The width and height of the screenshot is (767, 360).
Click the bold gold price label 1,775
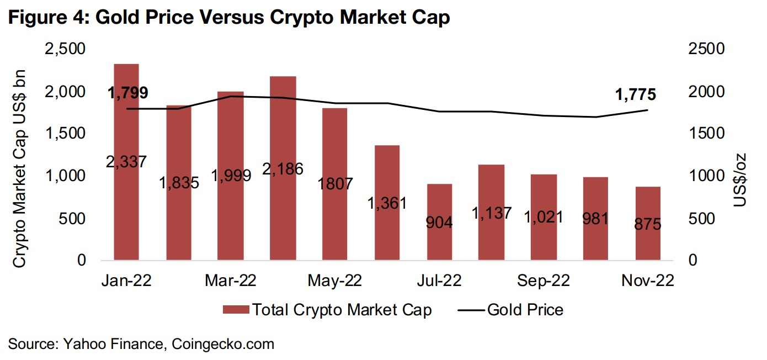pos(636,95)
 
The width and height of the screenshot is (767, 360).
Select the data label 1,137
pos(491,213)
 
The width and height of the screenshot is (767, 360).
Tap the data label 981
pos(595,219)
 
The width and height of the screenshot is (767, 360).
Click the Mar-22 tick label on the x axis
pos(231,281)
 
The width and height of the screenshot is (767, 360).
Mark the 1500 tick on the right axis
pos(708,134)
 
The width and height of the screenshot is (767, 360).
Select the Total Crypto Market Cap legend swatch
pos(235,310)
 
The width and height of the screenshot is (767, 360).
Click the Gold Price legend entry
pos(510,310)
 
